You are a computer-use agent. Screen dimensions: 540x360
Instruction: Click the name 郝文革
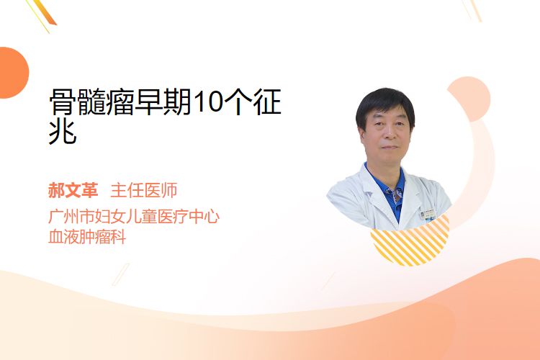click(73, 190)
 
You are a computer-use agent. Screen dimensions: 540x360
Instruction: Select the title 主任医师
click(143, 190)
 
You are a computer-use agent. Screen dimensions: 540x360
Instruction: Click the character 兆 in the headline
click(63, 132)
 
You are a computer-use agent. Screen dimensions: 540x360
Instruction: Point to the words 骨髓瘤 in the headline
click(91, 102)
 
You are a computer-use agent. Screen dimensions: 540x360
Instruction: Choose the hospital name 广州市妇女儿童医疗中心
click(134, 216)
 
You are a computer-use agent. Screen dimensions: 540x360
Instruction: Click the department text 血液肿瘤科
click(87, 237)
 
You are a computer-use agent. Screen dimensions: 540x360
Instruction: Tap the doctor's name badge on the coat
click(428, 215)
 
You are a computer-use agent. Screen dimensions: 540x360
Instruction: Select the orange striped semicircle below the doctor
click(410, 241)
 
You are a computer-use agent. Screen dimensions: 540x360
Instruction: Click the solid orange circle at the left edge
click(13, 73)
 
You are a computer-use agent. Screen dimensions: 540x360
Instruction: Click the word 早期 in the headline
click(163, 102)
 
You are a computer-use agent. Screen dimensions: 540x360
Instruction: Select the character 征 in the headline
click(267, 102)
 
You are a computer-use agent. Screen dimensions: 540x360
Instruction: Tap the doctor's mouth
click(390, 147)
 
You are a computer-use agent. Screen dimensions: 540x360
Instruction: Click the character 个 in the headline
click(238, 102)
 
